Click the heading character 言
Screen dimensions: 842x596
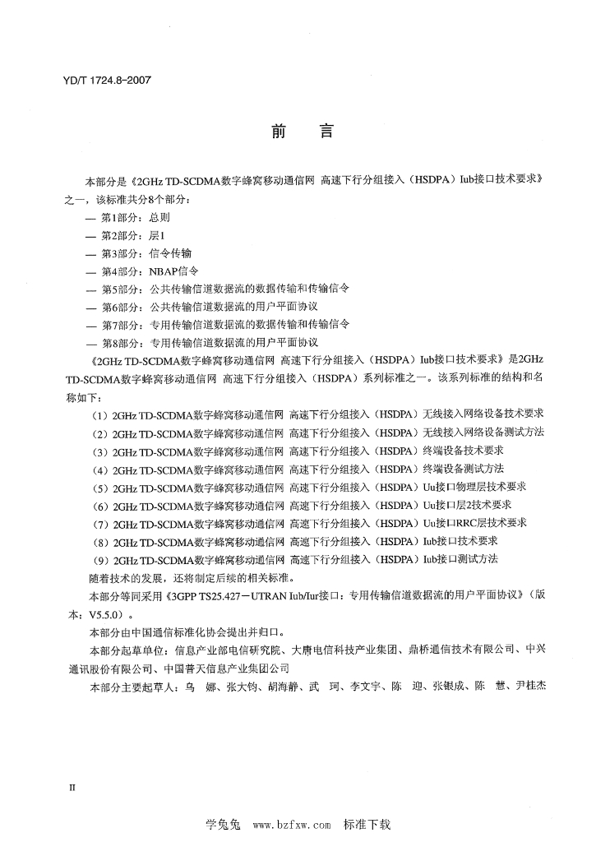point(322,132)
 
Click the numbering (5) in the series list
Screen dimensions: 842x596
point(100,486)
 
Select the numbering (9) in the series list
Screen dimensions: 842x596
point(100,558)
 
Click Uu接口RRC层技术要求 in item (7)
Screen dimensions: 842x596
point(475,522)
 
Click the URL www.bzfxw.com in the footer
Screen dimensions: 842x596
point(291,824)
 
